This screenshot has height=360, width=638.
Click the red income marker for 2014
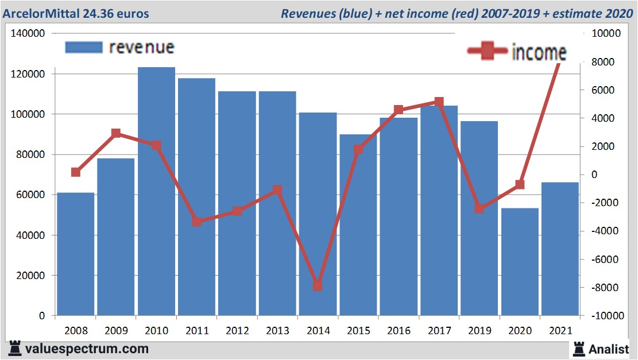click(318, 286)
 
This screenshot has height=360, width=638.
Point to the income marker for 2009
click(116, 133)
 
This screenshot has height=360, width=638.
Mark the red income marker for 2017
click(439, 102)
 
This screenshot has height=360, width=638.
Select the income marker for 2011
click(197, 222)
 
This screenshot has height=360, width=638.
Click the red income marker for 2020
click(520, 184)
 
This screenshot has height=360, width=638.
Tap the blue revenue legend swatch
click(84, 47)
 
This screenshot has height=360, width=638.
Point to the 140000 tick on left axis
click(28, 34)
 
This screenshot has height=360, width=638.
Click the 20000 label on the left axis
click(30, 276)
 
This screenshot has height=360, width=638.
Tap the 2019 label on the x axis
click(480, 331)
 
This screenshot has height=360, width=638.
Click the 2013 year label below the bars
click(277, 331)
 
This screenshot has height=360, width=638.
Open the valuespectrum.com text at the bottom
click(87, 349)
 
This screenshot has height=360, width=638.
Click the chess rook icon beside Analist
click(579, 349)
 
